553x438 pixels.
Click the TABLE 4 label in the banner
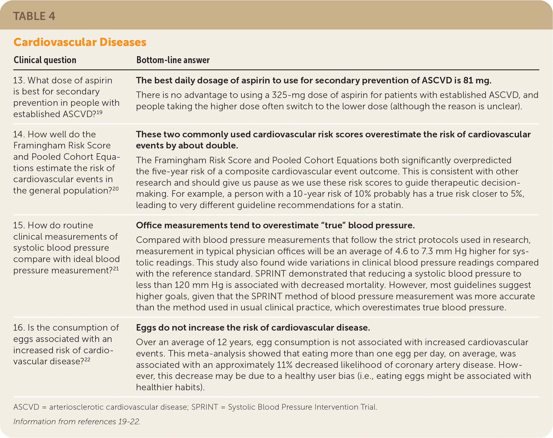pos(34,16)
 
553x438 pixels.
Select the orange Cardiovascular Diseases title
pos(80,42)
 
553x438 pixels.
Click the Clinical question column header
pos(45,60)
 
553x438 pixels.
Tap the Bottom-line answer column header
pos(173,60)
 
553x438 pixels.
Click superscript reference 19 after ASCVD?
pos(99,112)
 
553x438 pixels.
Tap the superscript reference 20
pos(115,189)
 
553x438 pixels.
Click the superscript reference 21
pos(116,269)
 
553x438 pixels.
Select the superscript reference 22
pos(87,359)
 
